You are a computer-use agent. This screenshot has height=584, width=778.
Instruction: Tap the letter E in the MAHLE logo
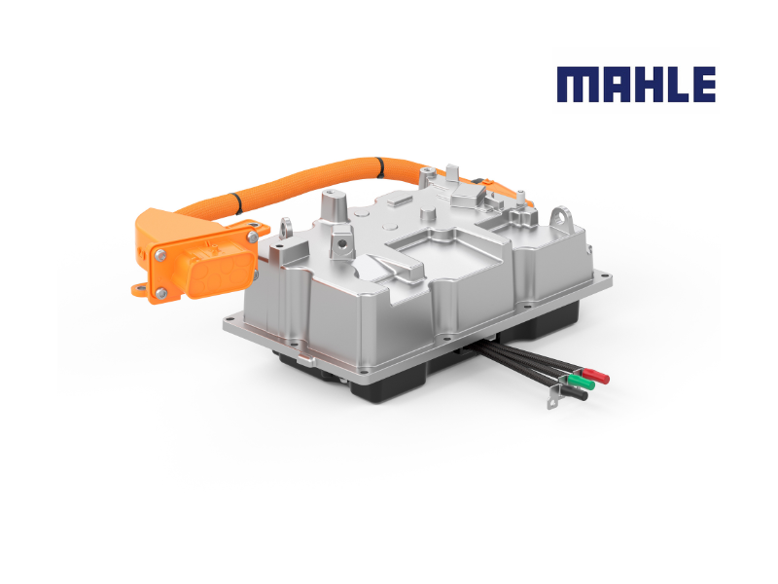tap(703, 85)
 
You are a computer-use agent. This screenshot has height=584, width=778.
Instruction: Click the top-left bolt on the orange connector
tap(160, 255)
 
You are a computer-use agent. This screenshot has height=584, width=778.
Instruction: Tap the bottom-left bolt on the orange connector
tap(161, 295)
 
